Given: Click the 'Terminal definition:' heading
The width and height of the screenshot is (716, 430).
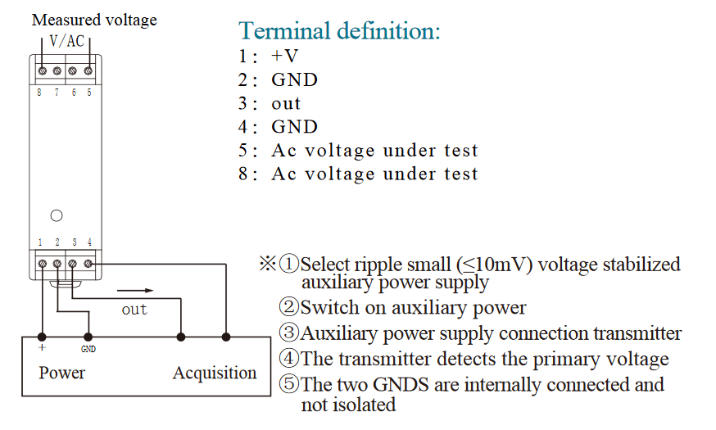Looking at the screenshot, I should coord(339,31).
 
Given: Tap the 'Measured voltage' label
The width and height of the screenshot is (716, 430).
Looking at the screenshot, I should coord(94,20).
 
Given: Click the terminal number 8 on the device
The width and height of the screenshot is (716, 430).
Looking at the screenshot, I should coord(39,93).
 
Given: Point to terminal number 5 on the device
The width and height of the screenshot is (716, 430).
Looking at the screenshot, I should coord(89,93).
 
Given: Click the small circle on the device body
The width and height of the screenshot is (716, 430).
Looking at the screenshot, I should coord(57,216).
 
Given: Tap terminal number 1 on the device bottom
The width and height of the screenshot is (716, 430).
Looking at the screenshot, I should coord(40,242).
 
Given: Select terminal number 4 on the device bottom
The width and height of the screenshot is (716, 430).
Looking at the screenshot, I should coord(89,242).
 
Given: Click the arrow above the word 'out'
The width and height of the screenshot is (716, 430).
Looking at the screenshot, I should coord(134,290).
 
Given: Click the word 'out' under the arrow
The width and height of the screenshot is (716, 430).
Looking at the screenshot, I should coord(134,309).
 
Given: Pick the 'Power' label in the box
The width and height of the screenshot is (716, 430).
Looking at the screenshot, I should coord(62,373).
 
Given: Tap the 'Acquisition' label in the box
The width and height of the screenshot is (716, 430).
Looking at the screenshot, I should coord(215,373).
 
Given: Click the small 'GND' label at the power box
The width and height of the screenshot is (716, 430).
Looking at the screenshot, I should coord(88,348).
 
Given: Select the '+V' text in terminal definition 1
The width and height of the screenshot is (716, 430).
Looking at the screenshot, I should coord(285,57).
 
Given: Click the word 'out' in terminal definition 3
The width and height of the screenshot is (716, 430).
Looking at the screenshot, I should coord(287,104).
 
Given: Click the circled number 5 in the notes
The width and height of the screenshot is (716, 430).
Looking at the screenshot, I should coord(289,384).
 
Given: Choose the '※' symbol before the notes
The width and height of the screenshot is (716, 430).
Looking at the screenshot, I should coord(269,265).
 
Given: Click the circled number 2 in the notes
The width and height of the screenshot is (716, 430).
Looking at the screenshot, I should coord(289,308).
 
